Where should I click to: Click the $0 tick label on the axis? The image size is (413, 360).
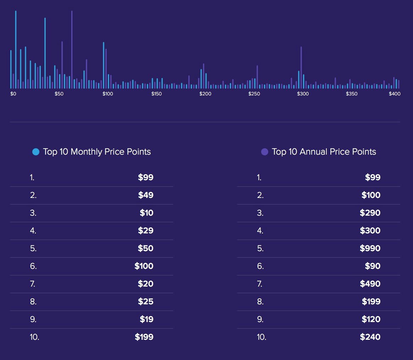[13, 94]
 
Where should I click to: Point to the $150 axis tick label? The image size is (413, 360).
[156, 94]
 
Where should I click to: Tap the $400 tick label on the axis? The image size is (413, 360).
[395, 94]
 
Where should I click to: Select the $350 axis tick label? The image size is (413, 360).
[352, 94]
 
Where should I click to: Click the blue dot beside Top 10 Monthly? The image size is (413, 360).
[35, 152]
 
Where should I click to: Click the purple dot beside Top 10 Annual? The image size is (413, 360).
[264, 152]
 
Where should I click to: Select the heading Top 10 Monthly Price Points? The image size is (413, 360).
[97, 152]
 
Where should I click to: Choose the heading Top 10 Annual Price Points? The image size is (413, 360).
[324, 152]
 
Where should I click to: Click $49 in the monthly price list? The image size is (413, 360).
[145, 195]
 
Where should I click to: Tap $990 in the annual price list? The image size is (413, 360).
[370, 248]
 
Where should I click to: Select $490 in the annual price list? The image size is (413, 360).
[370, 284]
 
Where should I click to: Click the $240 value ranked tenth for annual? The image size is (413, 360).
[370, 337]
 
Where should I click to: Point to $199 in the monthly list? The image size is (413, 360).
[144, 337]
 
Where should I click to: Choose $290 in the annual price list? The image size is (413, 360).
[370, 213]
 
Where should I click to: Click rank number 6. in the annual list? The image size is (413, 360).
[260, 266]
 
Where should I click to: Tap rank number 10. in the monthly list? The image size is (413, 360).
[34, 337]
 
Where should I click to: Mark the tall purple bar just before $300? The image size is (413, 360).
[301, 67]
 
